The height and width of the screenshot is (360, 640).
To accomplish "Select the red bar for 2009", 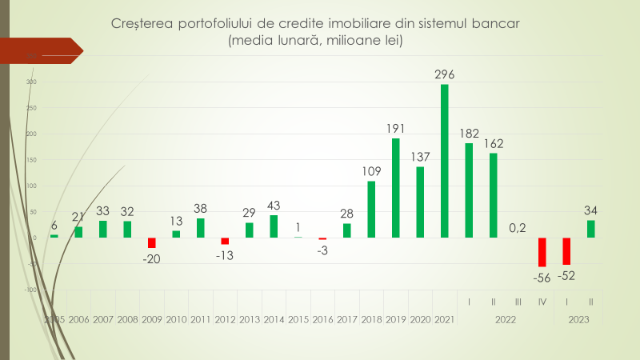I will (151, 243).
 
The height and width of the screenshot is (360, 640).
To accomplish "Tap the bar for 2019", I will (395, 188).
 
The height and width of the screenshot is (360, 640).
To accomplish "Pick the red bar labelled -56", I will (542, 252).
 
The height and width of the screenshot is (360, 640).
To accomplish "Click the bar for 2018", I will (371, 210).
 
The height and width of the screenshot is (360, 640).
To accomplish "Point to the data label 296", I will (445, 74).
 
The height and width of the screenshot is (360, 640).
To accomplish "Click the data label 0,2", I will (518, 228).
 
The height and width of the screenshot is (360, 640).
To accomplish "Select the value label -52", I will (567, 275).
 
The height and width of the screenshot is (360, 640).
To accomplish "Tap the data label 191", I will (396, 128).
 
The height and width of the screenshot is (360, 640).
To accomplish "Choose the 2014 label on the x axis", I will (274, 319).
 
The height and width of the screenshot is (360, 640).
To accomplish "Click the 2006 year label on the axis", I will (78, 319).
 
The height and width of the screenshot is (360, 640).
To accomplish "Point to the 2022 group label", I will (506, 319).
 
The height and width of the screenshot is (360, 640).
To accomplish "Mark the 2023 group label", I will (579, 319).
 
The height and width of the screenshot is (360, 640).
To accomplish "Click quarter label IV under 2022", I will (542, 302).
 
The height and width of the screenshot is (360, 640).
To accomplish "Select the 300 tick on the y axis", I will (31, 82).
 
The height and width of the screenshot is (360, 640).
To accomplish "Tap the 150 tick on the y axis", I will (31, 160).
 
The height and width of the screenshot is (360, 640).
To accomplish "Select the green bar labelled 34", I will (591, 229).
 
